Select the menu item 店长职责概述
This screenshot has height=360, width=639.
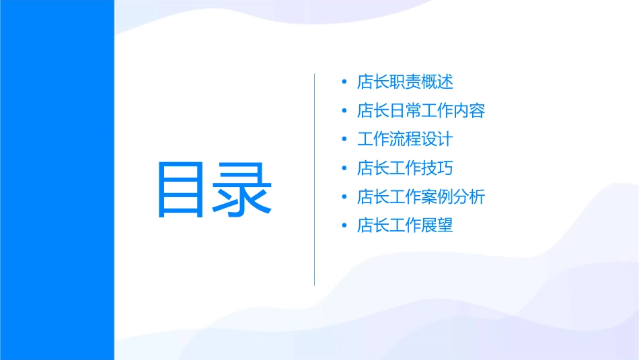click(405, 82)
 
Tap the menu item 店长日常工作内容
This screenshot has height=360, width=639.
click(421, 111)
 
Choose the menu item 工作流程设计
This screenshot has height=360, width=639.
click(405, 139)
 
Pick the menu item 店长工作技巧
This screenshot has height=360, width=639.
click(405, 168)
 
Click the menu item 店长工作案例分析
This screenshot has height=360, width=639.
click(421, 196)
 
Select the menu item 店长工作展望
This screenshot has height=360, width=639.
click(405, 225)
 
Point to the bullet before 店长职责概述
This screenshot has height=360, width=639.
click(344, 83)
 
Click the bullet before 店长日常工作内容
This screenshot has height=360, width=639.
click(344, 111)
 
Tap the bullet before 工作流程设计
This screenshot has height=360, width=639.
click(344, 140)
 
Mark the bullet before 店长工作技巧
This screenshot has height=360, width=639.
click(344, 168)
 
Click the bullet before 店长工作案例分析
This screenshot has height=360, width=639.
click(344, 197)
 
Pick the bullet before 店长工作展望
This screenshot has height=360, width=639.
click(344, 225)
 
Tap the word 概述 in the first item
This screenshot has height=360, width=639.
click(437, 82)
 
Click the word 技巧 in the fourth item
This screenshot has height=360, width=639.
click(437, 168)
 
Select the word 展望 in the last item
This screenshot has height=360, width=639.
click(437, 225)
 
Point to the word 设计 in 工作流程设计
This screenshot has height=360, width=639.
click(437, 139)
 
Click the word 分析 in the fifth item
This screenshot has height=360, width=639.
click(469, 196)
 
